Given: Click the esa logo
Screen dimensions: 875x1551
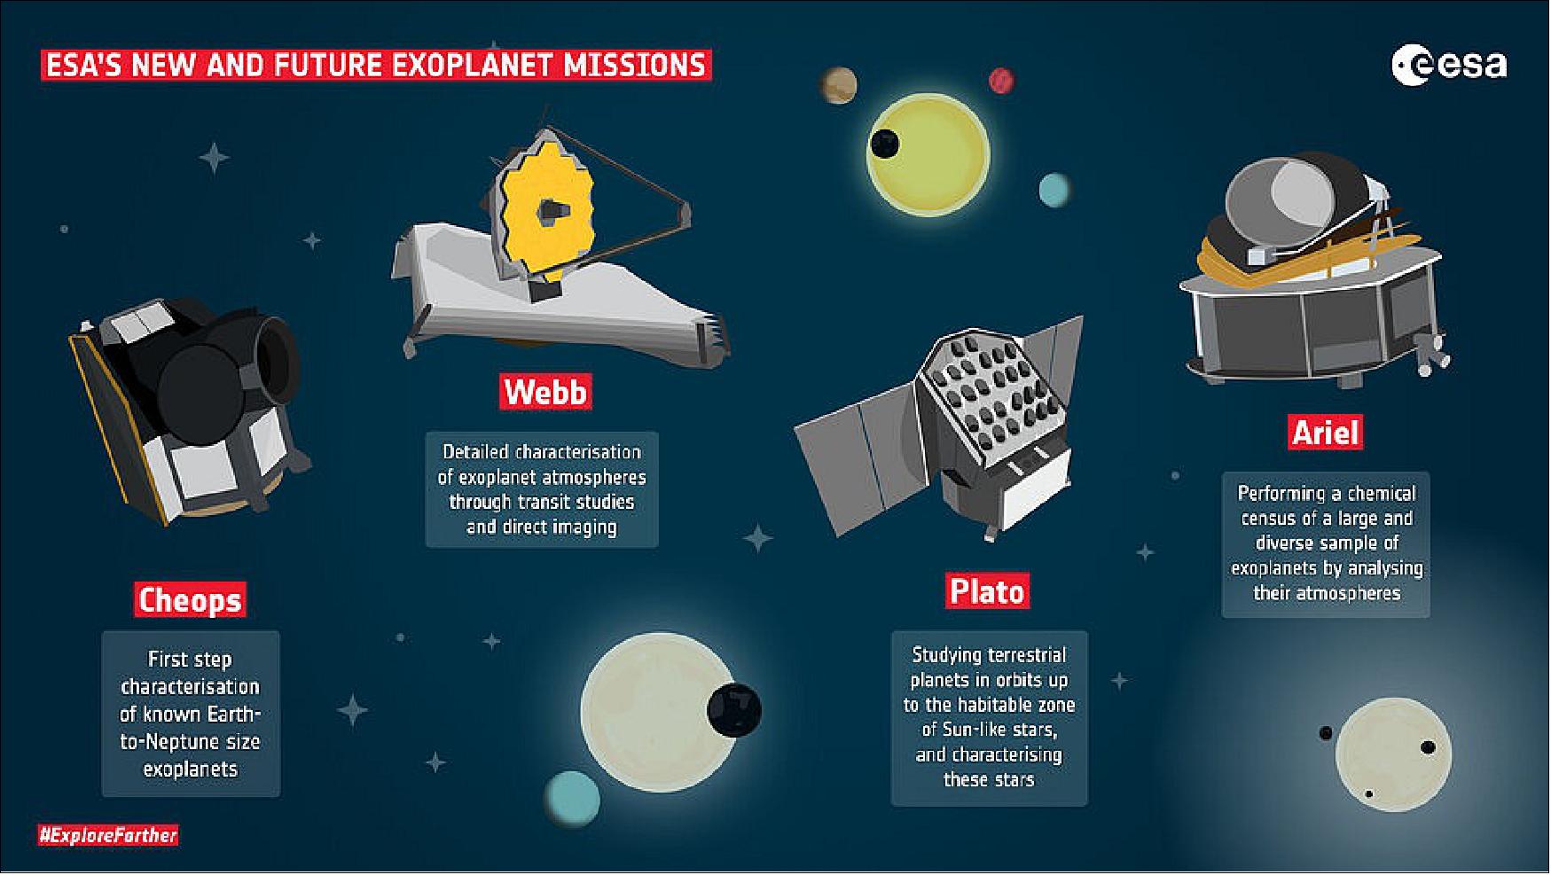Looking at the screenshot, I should click(x=1449, y=66).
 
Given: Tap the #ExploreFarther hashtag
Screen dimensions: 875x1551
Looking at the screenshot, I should click(x=108, y=835).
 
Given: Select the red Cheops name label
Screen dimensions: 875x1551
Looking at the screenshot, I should click(x=190, y=600).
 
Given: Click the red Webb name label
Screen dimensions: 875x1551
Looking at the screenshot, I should click(x=545, y=391).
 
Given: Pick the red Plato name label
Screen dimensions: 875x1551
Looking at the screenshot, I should click(x=987, y=591).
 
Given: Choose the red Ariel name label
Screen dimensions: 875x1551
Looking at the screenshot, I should click(x=1325, y=433).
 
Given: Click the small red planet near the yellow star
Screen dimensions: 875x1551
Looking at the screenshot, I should click(x=1001, y=81).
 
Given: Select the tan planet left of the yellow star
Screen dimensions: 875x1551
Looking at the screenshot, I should click(x=838, y=85).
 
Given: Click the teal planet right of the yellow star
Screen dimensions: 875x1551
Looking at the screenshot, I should click(x=1054, y=189).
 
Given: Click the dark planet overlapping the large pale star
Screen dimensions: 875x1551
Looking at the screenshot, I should click(x=734, y=710).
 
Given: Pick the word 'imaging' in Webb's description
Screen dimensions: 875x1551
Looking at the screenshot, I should click(x=581, y=527).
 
